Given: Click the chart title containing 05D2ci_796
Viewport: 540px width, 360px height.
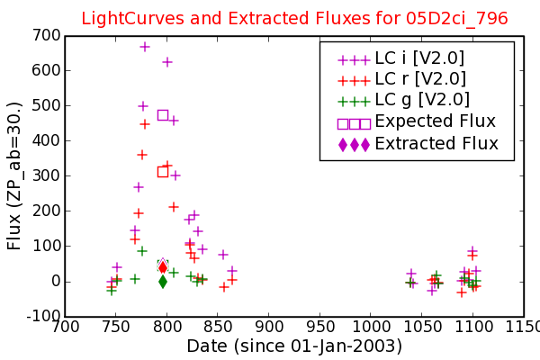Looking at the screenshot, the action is pos(294,18).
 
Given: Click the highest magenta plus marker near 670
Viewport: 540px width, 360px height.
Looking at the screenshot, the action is pos(145,47).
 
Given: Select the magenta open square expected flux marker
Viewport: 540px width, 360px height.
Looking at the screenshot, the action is pos(163,115).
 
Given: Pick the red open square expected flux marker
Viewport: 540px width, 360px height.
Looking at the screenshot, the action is pos(163,172).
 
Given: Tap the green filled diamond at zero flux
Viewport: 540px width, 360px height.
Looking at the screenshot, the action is pos(163,282).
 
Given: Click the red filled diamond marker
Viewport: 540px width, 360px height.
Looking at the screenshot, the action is pos(163,267).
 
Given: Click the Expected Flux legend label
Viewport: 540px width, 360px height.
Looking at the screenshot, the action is pos(436,121).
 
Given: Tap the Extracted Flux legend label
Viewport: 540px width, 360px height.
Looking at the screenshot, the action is pos(436,143).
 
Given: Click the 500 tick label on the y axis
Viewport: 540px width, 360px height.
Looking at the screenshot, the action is pos(46,105).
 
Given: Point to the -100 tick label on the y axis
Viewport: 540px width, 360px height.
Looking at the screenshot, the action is pos(43,316).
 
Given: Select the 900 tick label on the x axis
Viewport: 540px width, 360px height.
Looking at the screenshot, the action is pos(268,327).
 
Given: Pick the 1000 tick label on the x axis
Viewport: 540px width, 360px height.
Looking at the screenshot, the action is pos(371,327).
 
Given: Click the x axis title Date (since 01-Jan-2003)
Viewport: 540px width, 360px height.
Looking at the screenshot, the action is pos(294,346).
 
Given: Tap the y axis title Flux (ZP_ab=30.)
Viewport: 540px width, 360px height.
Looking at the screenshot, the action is pos(14,175).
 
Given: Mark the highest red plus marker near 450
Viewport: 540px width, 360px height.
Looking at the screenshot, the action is pos(145,124).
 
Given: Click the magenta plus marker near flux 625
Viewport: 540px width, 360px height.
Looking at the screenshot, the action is pos(167,62).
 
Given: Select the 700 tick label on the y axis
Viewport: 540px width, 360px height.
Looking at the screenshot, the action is pos(46,35).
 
